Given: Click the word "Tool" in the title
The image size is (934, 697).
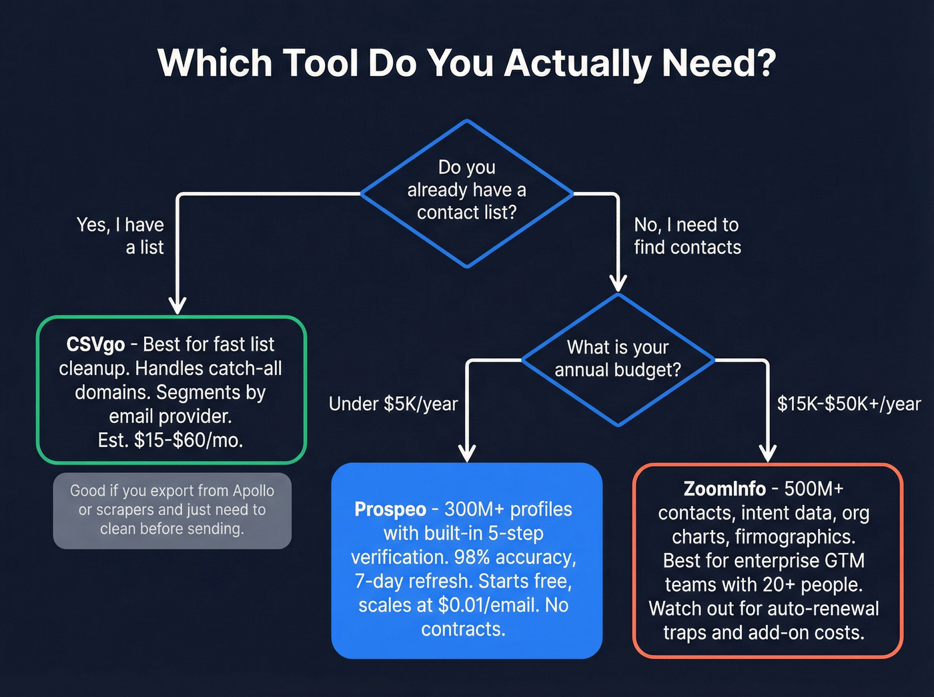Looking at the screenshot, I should click(320, 63).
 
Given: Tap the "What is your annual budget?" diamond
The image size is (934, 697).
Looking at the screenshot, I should click(618, 359).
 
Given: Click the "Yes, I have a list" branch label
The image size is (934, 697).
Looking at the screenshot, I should click(121, 236).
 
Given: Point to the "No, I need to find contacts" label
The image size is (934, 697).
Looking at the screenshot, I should click(687, 236).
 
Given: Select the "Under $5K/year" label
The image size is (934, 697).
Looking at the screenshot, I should click(393, 404).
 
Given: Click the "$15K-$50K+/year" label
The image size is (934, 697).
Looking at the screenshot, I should click(849, 404).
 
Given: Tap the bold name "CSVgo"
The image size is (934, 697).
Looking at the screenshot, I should click(95, 345).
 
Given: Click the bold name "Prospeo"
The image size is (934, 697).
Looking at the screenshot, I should click(390, 510).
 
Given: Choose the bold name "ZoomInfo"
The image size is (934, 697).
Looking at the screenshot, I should click(725, 489).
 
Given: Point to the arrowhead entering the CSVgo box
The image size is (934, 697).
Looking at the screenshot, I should click(177, 305).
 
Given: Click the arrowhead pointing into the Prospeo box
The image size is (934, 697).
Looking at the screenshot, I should click(468, 453).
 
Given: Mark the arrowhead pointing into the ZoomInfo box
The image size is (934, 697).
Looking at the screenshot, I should click(768, 454).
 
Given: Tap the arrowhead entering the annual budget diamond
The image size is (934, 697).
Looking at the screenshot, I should click(618, 283).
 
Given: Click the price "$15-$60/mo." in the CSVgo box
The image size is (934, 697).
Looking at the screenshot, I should click(189, 440).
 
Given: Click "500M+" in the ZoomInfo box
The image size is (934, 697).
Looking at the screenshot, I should click(814, 489).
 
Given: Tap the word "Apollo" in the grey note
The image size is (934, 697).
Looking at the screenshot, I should click(253, 491).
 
